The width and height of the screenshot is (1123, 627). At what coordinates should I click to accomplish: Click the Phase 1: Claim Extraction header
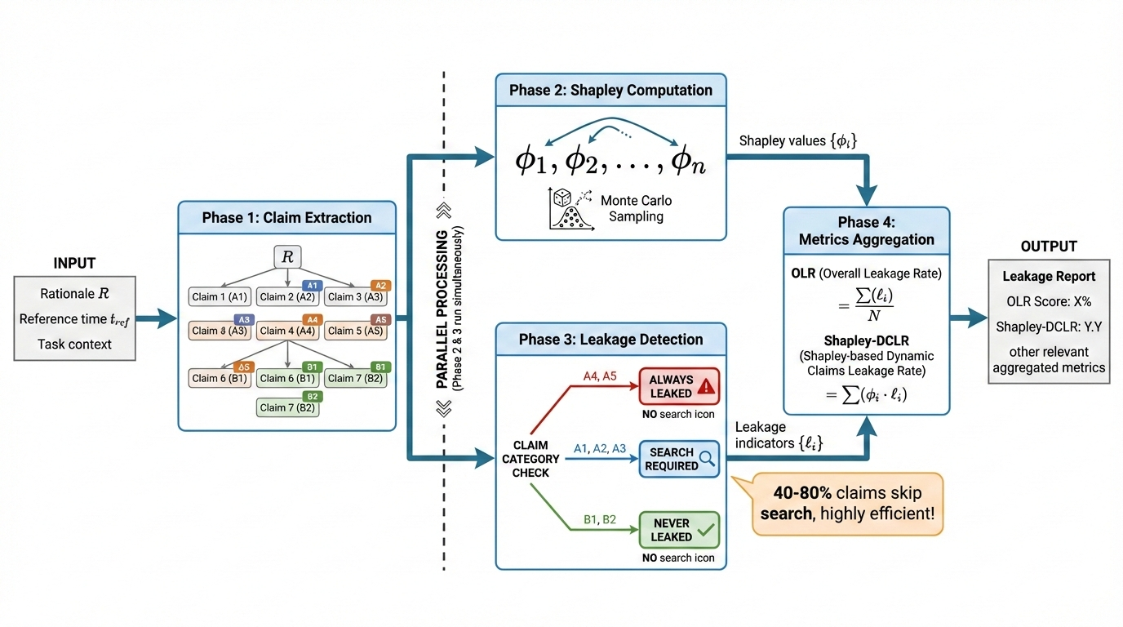point(286,218)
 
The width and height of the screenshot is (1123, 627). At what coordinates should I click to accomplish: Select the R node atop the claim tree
point(286,256)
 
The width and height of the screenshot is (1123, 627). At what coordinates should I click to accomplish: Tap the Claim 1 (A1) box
point(219,297)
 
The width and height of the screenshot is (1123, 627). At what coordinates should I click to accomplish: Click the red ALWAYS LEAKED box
point(679,386)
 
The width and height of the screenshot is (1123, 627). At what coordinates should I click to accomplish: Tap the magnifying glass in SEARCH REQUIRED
point(708,458)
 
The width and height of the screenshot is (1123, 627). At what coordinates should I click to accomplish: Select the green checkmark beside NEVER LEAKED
point(706,530)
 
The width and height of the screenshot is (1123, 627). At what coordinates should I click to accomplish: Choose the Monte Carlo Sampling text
point(637,208)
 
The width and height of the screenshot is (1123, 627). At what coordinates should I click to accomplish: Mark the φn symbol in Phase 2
point(687,161)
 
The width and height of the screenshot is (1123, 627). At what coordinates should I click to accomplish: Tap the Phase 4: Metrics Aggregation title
point(868,231)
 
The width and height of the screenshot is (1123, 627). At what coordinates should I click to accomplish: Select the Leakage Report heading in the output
point(1049,277)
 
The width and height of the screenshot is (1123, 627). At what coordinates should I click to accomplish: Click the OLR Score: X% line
point(1049,302)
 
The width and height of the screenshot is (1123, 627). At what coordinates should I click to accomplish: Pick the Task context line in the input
point(74,344)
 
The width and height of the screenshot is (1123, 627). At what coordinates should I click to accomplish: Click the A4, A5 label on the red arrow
point(601,377)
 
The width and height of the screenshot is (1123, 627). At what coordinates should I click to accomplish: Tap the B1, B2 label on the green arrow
point(601,518)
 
